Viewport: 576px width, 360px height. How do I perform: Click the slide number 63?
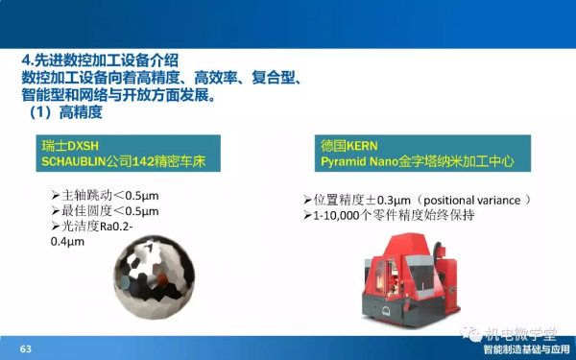coord(26,348)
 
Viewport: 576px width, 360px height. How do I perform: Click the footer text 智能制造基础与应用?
coord(525,349)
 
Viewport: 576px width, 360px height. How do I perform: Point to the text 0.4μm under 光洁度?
coord(67,242)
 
